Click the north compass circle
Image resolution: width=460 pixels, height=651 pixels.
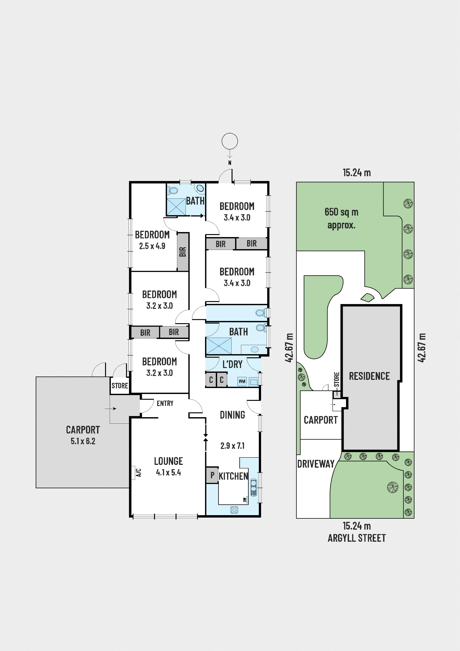click(230, 141)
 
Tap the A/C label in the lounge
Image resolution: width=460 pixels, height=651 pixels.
click(139, 472)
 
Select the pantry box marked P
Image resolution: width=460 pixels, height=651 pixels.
click(212, 475)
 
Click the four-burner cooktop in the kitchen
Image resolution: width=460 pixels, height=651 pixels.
click(234, 510)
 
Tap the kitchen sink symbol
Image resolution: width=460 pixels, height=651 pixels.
click(253, 487)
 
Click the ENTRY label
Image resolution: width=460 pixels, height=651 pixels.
click(165, 403)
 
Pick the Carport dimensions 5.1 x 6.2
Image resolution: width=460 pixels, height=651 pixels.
click(83, 441)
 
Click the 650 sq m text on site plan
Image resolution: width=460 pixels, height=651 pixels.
click(341, 212)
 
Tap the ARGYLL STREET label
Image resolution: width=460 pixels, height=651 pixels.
click(356, 538)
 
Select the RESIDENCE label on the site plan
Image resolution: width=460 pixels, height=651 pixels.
click(369, 376)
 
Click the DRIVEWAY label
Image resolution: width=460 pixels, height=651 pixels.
click(316, 464)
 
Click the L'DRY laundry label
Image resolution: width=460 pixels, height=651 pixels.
click(232, 364)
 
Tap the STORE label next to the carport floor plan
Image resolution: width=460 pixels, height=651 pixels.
click(120, 386)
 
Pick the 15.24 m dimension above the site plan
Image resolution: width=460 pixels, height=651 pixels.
click(356, 173)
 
